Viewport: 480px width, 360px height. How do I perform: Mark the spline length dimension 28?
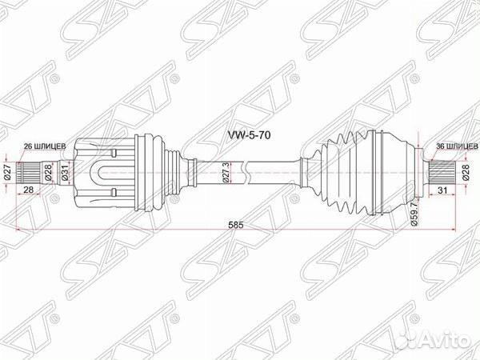pyautogui.click(x=29, y=189)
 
